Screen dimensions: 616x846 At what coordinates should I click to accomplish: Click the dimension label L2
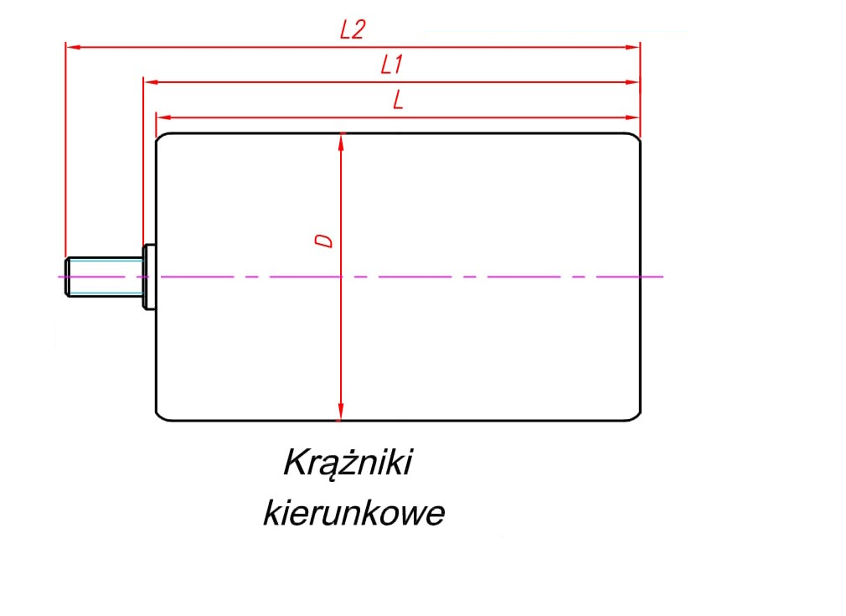click(x=353, y=30)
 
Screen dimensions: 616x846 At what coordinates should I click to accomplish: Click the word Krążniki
click(x=348, y=463)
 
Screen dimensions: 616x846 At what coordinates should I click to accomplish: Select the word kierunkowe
click(x=353, y=513)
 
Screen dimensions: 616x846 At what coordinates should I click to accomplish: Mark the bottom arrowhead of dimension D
click(x=341, y=412)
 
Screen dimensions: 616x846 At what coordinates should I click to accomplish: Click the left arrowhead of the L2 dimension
click(x=72, y=47)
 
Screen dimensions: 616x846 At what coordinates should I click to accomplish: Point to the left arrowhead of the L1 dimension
click(x=150, y=82)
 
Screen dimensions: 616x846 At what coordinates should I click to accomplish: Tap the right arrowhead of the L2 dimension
click(x=633, y=47)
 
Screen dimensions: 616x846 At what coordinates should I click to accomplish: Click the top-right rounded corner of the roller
click(x=636, y=138)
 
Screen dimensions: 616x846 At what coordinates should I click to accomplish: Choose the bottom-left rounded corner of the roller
click(x=161, y=415)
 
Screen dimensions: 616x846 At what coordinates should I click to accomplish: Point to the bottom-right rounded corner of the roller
click(x=636, y=415)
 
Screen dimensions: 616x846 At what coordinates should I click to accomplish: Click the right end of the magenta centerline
click(x=662, y=277)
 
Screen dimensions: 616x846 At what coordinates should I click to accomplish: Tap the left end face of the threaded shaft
click(x=66, y=277)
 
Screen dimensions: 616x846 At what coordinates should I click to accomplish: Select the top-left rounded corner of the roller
click(x=161, y=138)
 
